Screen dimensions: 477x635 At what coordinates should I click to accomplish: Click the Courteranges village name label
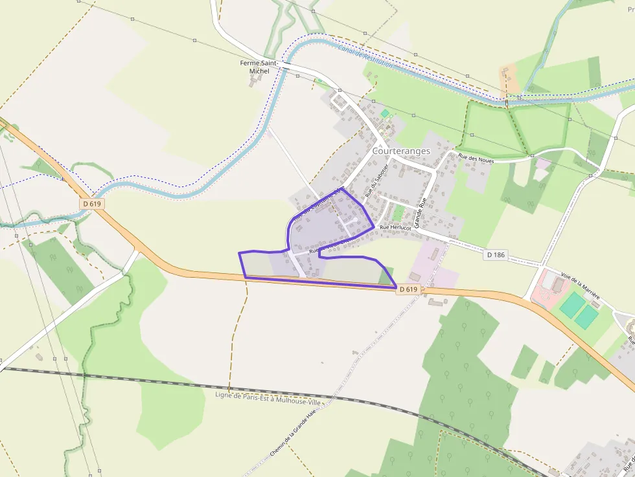click(401, 151)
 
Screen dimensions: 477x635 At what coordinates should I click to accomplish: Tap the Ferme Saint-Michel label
click(259, 67)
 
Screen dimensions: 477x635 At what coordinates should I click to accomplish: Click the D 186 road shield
click(495, 255)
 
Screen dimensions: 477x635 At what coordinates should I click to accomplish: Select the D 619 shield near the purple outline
click(408, 289)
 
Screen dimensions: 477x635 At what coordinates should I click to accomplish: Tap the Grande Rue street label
click(422, 212)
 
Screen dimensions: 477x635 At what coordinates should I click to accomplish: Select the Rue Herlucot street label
click(395, 228)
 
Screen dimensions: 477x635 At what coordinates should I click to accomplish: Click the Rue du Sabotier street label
click(376, 180)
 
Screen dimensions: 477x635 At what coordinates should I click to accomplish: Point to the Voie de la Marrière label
click(580, 288)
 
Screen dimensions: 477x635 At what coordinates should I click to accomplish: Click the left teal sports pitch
click(571, 305)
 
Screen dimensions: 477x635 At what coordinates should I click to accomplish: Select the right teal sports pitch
click(587, 316)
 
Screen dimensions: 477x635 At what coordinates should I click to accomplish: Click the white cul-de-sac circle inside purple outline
click(355, 220)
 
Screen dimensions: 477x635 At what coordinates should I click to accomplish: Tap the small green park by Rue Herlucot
click(398, 214)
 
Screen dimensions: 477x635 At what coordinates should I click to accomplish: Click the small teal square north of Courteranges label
click(385, 113)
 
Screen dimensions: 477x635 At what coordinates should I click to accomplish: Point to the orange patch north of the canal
click(509, 77)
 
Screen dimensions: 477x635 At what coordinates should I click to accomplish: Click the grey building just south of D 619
click(433, 302)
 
